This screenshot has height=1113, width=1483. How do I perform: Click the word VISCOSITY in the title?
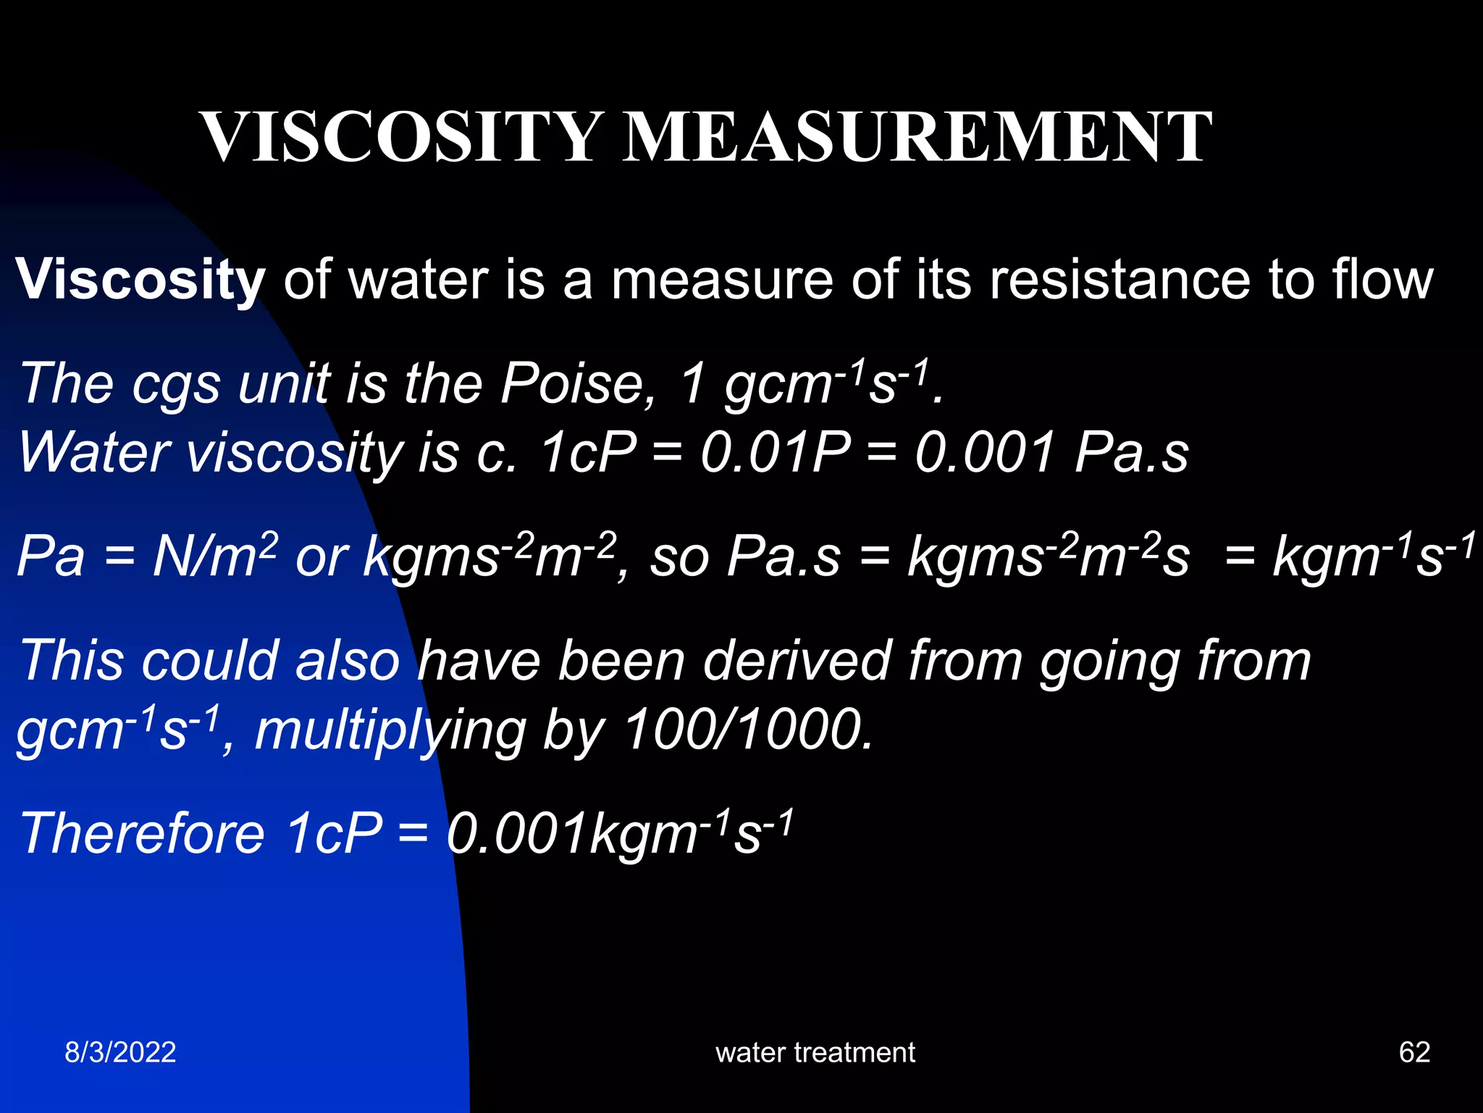401,137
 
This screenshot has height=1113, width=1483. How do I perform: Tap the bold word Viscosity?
140,280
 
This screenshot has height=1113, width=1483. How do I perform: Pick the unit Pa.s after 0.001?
1131,453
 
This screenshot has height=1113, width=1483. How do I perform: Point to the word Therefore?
142,833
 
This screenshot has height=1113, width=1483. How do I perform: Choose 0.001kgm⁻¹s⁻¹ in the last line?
620,833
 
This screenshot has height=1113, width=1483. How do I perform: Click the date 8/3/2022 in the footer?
120,1052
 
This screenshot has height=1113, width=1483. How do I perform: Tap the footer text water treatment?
815,1052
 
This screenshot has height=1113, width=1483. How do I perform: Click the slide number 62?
1414,1052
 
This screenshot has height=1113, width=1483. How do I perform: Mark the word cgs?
176,385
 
